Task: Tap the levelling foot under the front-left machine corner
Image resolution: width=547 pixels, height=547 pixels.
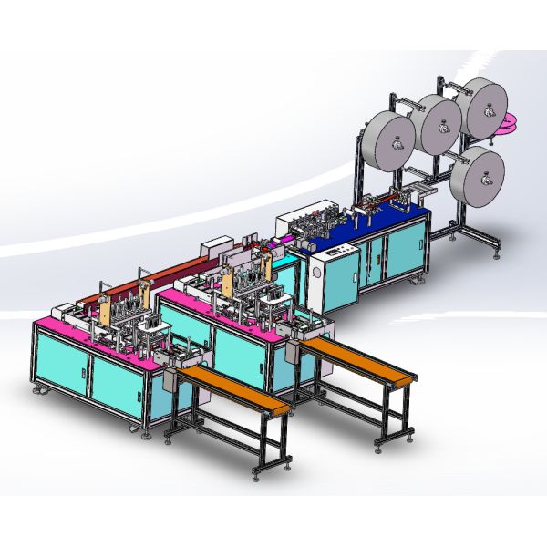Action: [x=39, y=390]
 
